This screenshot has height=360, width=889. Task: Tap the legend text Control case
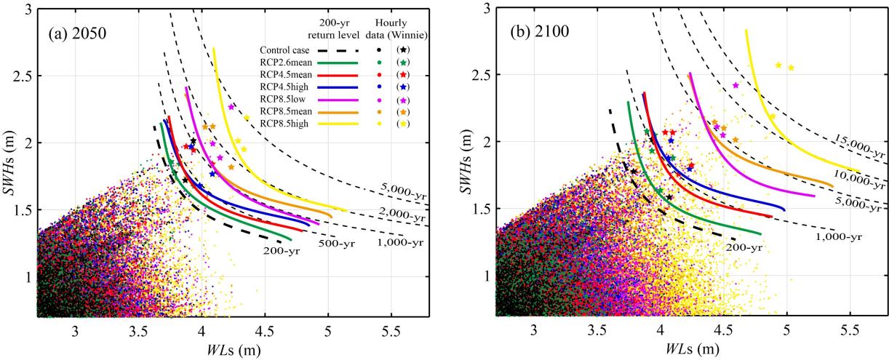tap(284, 50)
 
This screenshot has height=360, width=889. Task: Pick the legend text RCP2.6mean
tap(286, 63)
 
